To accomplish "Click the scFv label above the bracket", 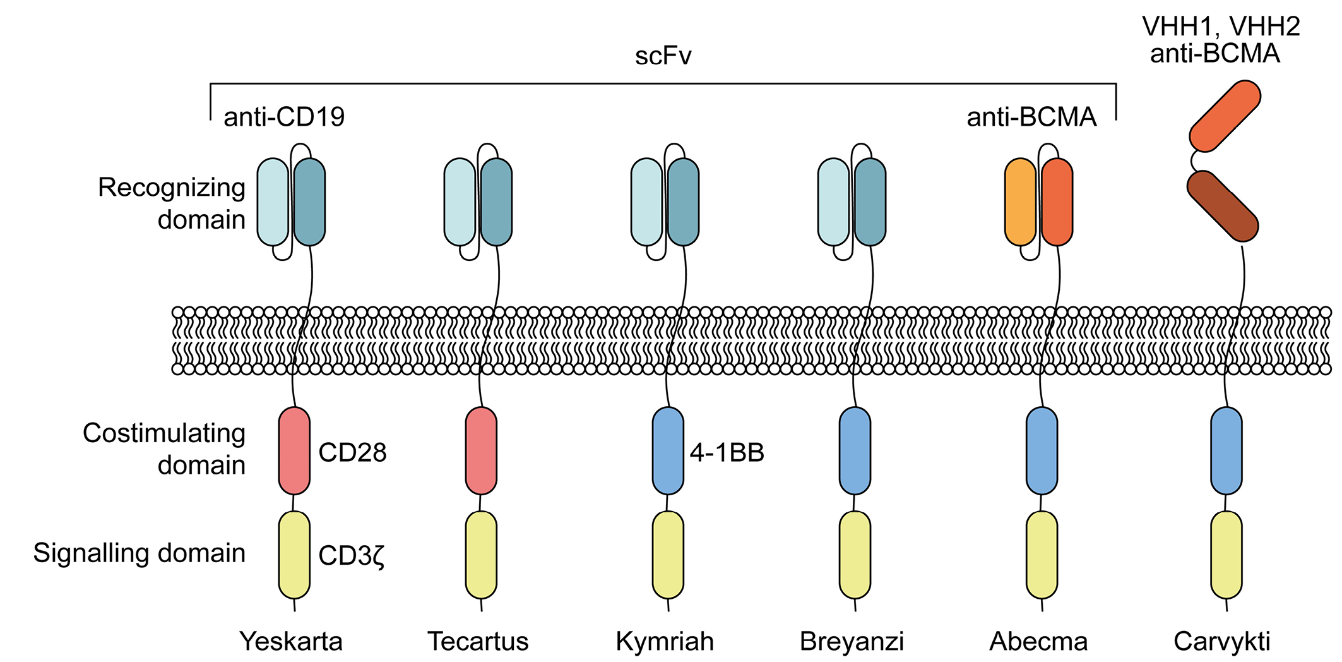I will tap(663, 57).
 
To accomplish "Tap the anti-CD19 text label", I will tap(284, 117).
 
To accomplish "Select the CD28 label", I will tap(352, 452).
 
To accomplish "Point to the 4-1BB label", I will tap(727, 452).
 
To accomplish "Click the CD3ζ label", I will tap(352, 555).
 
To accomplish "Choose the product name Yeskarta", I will tap(291, 641).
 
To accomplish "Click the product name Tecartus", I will tap(478, 641).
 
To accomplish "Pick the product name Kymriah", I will tap(665, 641).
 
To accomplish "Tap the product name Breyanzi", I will tap(852, 641).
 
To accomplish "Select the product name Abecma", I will tap(1038, 641).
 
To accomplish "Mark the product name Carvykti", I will tap(1221, 641).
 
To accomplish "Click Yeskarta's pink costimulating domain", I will tap(294, 451).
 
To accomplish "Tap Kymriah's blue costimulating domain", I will tap(668, 451).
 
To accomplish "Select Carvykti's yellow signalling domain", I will tap(1226, 555).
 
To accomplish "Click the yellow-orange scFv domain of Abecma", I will tap(1020, 202).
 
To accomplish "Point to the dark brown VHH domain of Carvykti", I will tap(1223, 206).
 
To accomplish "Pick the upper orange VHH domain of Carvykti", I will tap(1225, 116).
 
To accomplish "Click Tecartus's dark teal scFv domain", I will tap(496, 202).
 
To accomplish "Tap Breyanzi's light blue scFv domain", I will tap(833, 202).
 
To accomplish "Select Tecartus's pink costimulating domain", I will tap(481, 451).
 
